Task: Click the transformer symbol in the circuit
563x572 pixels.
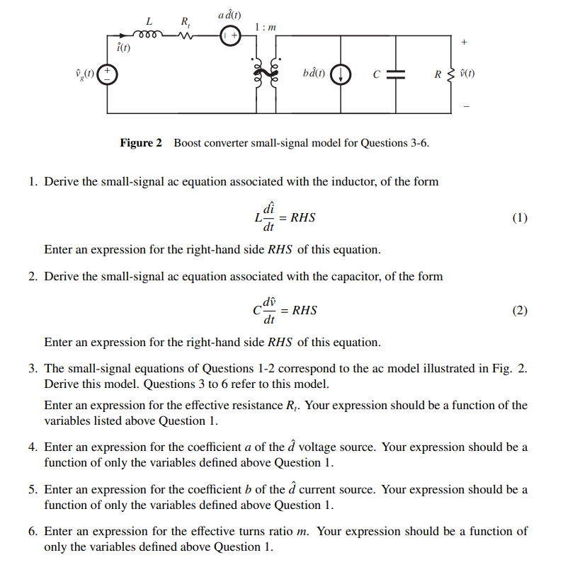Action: tap(263, 73)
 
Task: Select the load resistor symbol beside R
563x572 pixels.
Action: tap(450, 73)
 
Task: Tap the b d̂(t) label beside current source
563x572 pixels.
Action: tap(314, 73)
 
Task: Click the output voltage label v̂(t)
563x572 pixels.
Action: tap(467, 73)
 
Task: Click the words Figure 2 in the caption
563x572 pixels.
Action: tap(141, 143)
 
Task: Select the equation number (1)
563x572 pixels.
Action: tap(519, 218)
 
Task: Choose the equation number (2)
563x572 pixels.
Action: tap(519, 310)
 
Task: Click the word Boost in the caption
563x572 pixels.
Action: tap(188, 143)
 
